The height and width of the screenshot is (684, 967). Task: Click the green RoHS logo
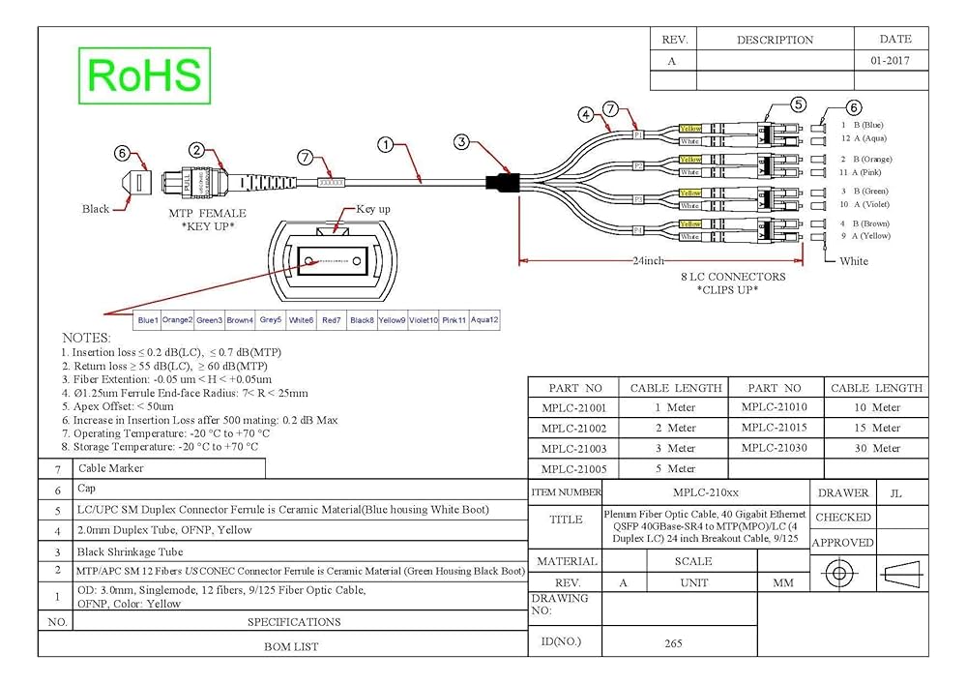[144, 75]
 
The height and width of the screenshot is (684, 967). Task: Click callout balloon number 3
[462, 142]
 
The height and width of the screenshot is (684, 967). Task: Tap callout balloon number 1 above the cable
[386, 146]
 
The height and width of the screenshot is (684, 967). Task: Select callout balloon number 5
[797, 104]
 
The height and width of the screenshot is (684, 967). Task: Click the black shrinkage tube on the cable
[502, 182]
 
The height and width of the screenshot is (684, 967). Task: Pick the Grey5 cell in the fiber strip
[271, 319]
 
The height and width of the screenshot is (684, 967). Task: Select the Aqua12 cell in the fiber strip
[484, 319]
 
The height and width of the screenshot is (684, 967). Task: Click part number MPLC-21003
[573, 448]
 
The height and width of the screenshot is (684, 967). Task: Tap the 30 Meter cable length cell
[877, 448]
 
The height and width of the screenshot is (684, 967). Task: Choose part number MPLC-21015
[774, 428]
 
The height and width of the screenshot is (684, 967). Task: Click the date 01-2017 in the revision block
[891, 60]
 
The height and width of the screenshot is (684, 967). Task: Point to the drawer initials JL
[895, 493]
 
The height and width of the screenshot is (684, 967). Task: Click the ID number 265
[674, 642]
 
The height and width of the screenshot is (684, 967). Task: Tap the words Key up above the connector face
[373, 209]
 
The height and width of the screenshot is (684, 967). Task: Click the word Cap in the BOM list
[86, 490]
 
